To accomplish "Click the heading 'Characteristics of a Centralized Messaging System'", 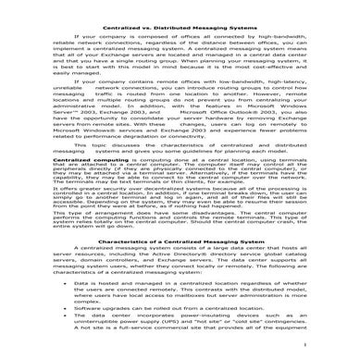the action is coord(180,267).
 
